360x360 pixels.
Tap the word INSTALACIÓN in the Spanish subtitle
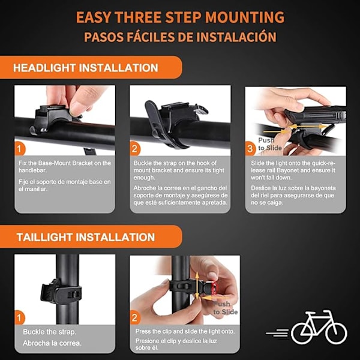pyautogui.click(x=236, y=37)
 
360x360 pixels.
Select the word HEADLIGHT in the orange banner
pyautogui.click(x=44, y=68)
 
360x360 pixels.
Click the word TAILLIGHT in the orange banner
pyautogui.click(x=46, y=237)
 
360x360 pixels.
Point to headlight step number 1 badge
pyautogui.click(x=20, y=149)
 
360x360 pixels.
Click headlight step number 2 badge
pyautogui.click(x=135, y=149)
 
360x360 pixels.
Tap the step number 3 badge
pyautogui.click(x=250, y=149)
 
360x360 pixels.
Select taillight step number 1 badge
pyautogui.click(x=20, y=318)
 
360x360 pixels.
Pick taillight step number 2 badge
pyautogui.click(x=135, y=318)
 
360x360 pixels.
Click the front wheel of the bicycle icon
pyautogui.click(x=336, y=333)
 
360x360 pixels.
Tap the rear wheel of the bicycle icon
pyautogui.click(x=302, y=333)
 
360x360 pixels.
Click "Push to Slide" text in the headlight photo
pyautogui.click(x=269, y=144)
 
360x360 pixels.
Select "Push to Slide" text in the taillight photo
pyautogui.click(x=225, y=308)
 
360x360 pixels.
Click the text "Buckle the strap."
pyautogui.click(x=49, y=332)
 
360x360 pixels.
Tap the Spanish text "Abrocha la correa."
pyautogui.click(x=52, y=343)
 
